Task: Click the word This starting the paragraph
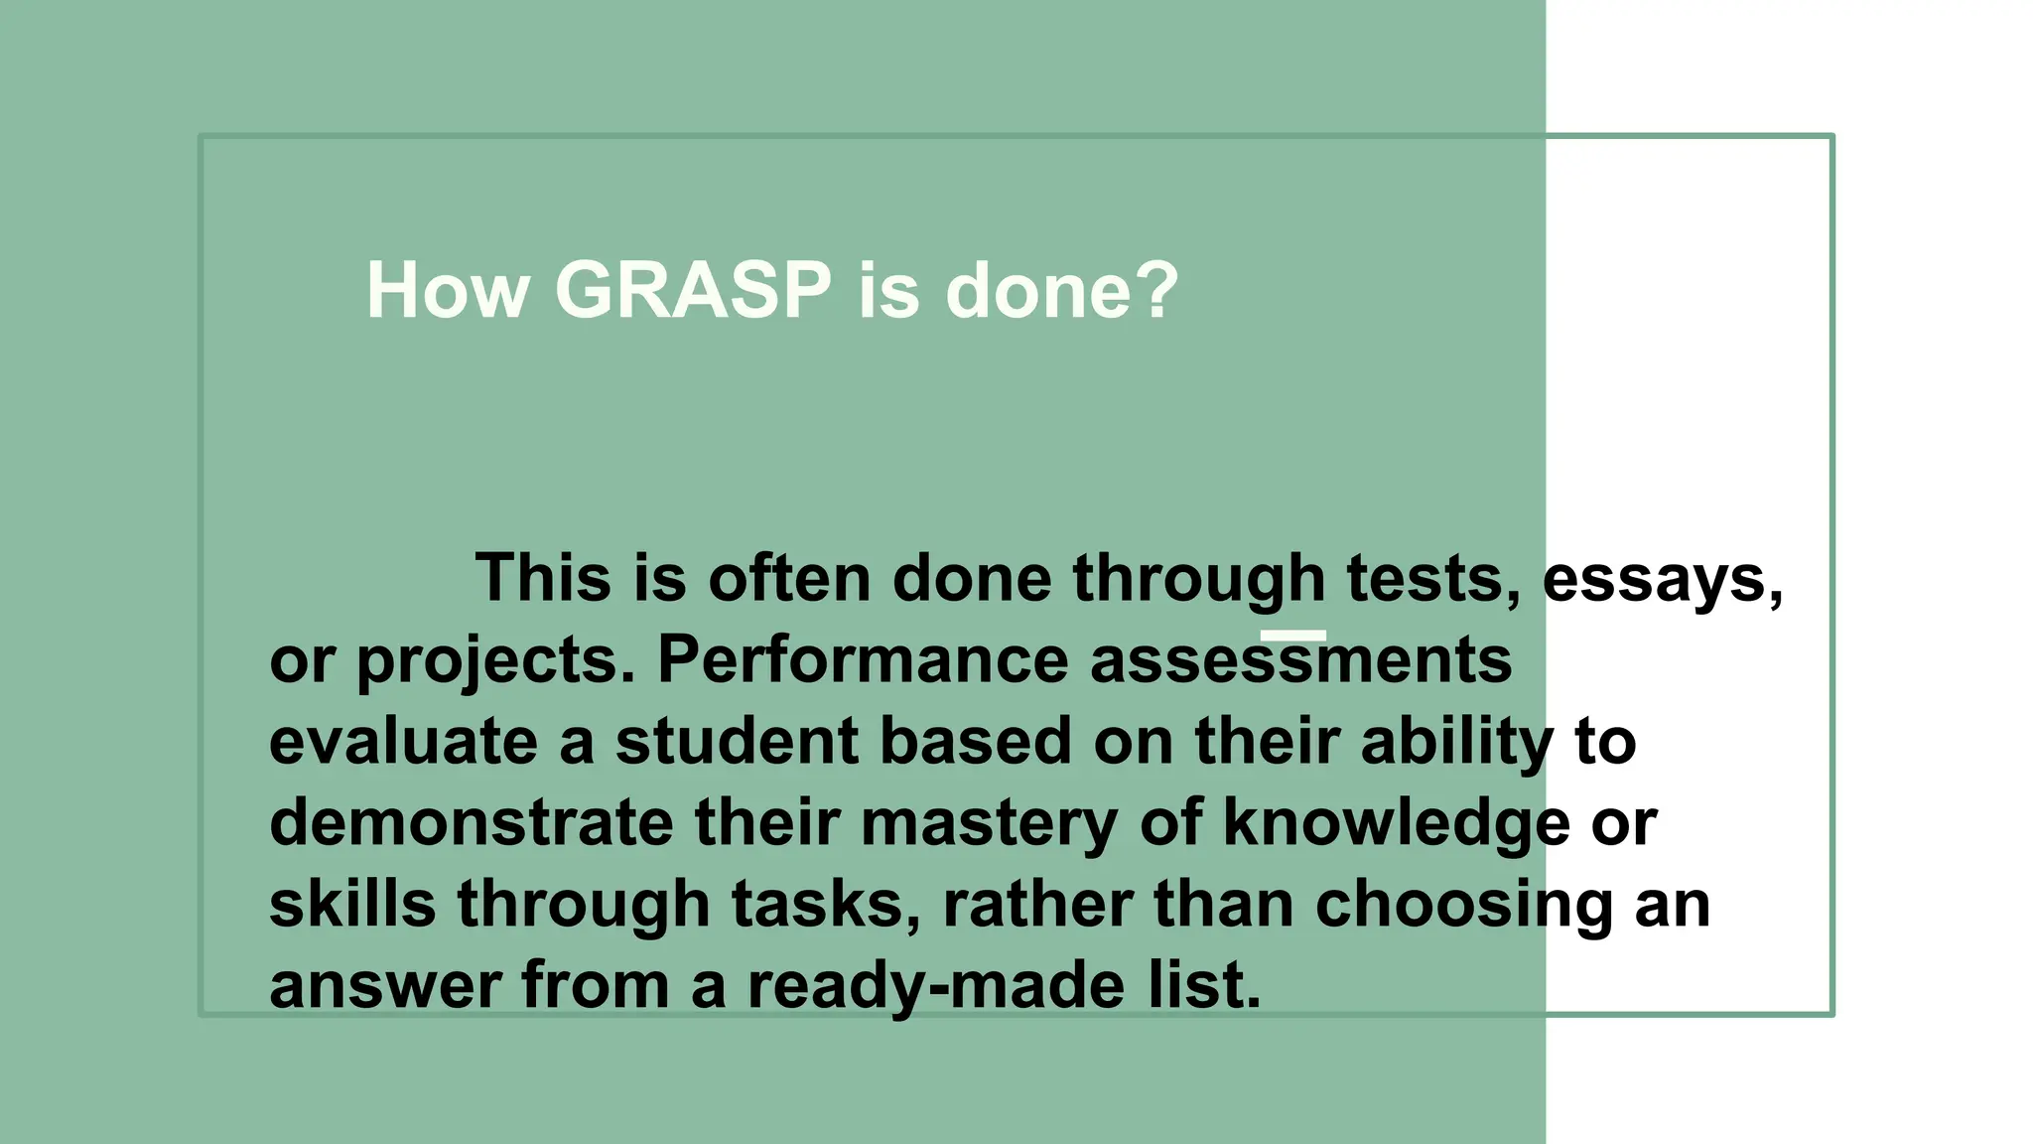pos(543,578)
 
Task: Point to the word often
pos(789,578)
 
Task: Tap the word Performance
pos(863,659)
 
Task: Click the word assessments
pos(1300,661)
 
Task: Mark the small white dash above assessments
pos(1292,636)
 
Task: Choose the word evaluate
pos(403,742)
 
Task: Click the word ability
pos(1456,744)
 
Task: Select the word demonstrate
pos(471,823)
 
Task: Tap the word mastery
pos(989,825)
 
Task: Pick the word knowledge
pos(1396,825)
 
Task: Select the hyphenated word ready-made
pos(937,986)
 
